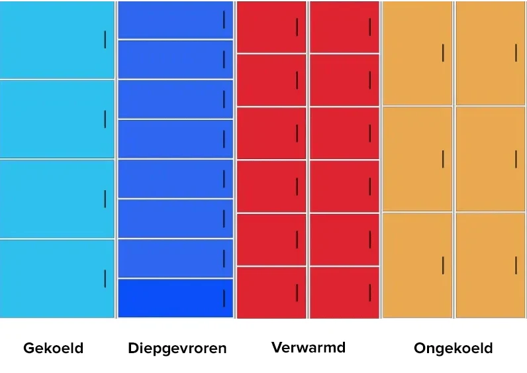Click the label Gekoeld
coord(53,348)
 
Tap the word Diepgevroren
coord(177,348)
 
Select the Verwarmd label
coord(308,347)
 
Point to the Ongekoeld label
coord(453,348)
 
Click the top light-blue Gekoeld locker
coord(57,40)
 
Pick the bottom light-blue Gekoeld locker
coord(57,278)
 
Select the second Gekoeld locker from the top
coord(57,119)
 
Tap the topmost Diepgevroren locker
coord(175,20)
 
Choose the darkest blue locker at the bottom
coord(175,298)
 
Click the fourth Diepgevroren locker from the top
coord(175,139)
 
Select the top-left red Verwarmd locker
coord(271,27)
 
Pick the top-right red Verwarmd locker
coord(344,27)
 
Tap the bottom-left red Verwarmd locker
coord(271,292)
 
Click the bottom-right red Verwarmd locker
coord(344,292)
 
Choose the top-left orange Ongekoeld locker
coord(417,53)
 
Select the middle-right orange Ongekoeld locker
coord(490,159)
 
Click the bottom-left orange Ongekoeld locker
coord(417,265)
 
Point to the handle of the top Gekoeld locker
coord(105,40)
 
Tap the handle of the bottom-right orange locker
coord(516,265)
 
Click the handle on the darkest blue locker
coord(224,298)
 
